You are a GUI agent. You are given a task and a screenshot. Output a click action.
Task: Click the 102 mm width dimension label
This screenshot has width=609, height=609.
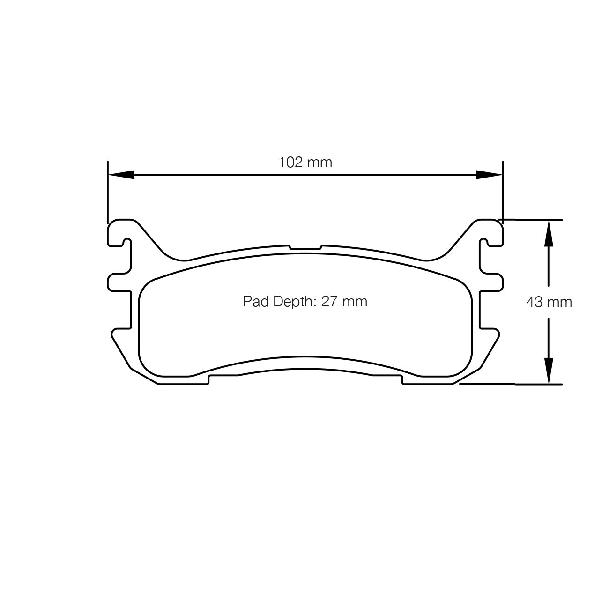(305, 163)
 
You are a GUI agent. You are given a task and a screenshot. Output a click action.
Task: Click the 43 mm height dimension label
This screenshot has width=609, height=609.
(549, 302)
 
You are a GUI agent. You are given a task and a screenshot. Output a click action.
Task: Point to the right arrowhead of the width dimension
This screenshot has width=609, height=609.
(490, 175)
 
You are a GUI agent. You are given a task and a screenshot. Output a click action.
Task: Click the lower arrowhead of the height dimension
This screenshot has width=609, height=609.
(549, 371)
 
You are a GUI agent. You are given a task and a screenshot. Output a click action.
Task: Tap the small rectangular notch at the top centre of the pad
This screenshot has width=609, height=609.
(305, 247)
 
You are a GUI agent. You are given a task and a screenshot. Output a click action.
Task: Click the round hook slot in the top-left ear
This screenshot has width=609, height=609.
(125, 243)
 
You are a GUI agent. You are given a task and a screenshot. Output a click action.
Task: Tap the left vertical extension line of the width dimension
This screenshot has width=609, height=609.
(108, 192)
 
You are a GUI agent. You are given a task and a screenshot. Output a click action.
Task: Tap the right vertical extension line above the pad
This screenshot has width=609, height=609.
(503, 192)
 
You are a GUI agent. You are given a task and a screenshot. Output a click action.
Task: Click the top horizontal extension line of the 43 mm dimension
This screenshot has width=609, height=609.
(534, 219)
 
